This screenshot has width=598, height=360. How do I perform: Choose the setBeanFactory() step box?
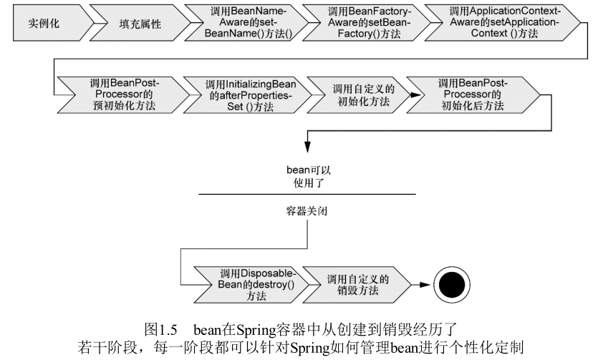(359, 23)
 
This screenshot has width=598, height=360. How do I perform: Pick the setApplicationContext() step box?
(493, 23)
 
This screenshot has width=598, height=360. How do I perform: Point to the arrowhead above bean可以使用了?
(307, 148)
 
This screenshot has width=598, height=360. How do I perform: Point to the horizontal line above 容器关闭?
(307, 194)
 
